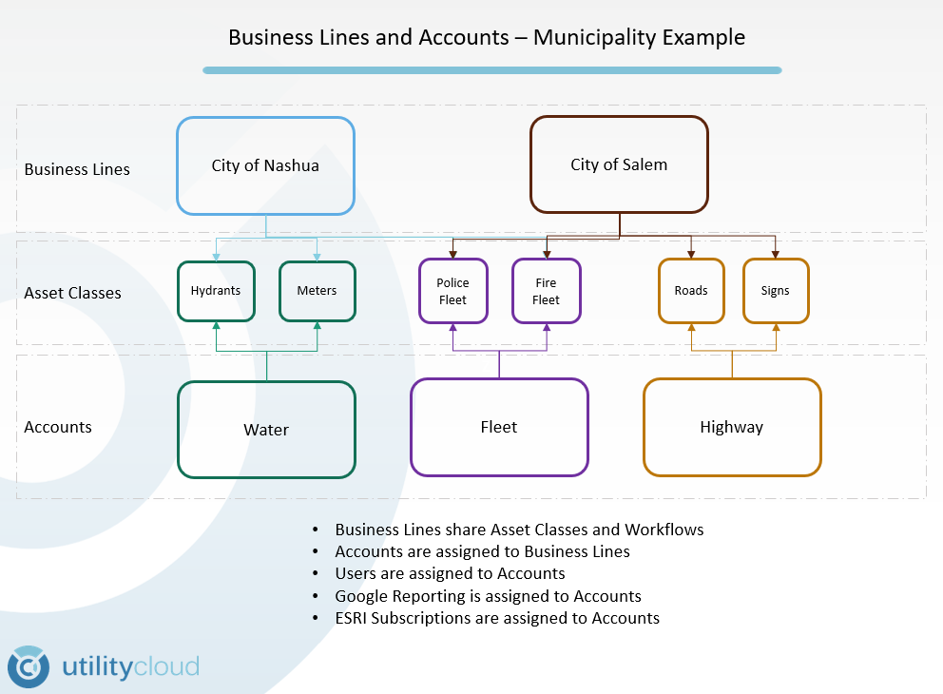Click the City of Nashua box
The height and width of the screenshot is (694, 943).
tap(265, 165)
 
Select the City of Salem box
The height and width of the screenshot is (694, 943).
tap(619, 164)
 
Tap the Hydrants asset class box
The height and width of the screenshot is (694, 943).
tap(216, 291)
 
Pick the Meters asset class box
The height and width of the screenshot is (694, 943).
tap(317, 291)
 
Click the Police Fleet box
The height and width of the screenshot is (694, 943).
tap(452, 291)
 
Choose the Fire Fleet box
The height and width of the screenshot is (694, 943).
tap(546, 291)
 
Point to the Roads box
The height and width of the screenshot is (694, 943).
tap(691, 291)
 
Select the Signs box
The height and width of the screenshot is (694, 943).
tap(775, 291)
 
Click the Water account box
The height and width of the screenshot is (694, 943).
tap(266, 430)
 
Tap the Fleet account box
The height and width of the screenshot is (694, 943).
tap(499, 427)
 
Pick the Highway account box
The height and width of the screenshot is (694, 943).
tap(732, 427)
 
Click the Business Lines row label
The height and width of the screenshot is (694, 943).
tap(77, 169)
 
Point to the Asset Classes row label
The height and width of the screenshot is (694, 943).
tap(72, 293)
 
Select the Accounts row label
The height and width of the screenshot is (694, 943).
tap(58, 427)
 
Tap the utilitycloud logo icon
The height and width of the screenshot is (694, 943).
tap(29, 666)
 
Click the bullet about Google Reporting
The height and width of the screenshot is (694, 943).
tap(488, 596)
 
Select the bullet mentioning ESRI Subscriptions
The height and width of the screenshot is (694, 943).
tap(496, 618)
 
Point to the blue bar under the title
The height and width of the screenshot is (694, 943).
tap(491, 70)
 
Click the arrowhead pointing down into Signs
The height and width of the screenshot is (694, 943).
tap(775, 254)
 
